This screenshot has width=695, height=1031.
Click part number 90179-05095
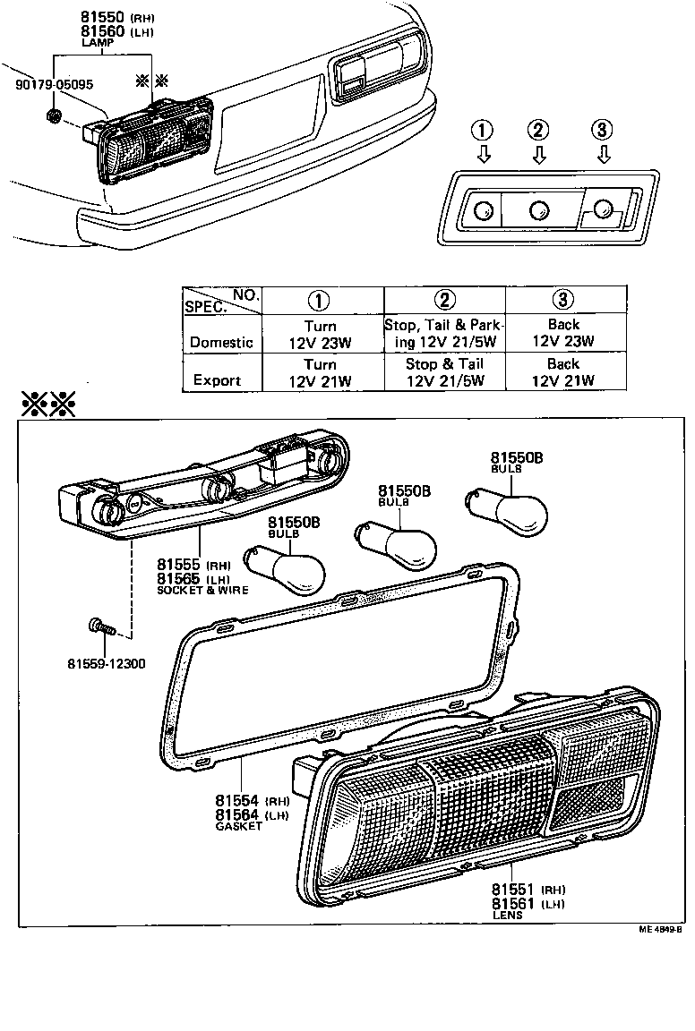click(54, 85)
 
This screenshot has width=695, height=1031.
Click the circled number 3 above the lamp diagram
click(604, 131)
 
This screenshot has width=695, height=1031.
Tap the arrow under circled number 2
click(538, 156)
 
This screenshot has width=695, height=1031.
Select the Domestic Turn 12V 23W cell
click(320, 334)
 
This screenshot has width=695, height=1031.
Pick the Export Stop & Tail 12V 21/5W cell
click(444, 372)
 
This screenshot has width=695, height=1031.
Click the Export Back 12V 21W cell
click(562, 372)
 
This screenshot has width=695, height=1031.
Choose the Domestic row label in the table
click(221, 342)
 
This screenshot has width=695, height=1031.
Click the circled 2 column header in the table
click(444, 300)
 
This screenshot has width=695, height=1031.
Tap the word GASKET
click(239, 827)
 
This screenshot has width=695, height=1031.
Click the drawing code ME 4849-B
click(660, 930)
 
